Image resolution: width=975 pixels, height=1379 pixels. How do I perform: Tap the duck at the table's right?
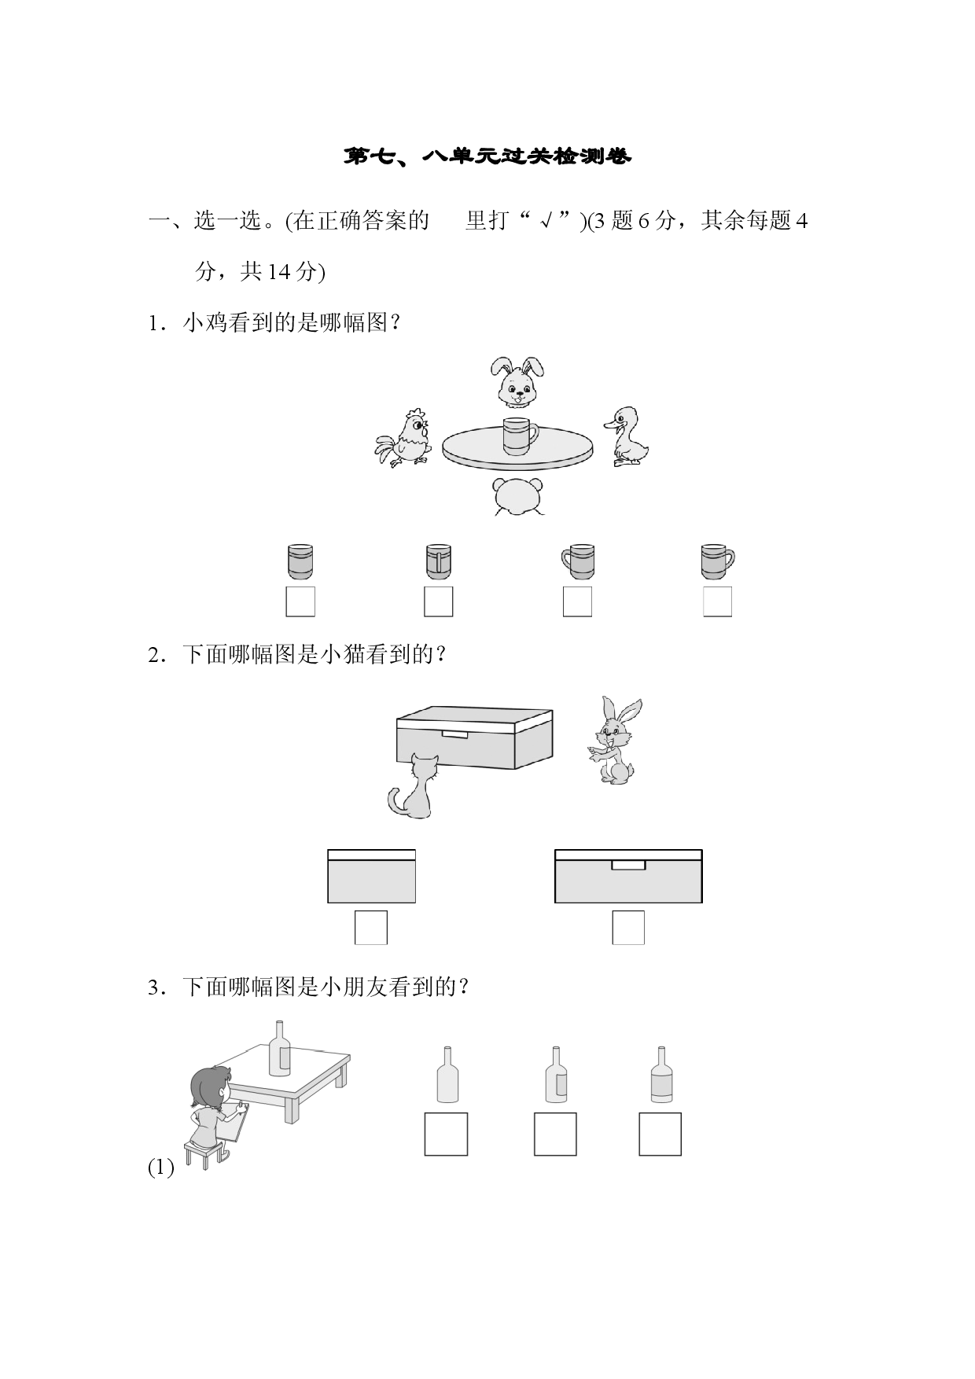click(x=627, y=436)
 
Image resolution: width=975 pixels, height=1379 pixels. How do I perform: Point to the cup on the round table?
click(x=520, y=437)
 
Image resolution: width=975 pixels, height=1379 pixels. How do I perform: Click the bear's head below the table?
click(x=517, y=496)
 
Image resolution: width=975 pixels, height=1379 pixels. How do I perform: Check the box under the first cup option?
click(x=300, y=601)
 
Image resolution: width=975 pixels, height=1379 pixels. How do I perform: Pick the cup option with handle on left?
click(x=578, y=561)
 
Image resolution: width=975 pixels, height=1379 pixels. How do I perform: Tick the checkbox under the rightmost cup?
click(x=717, y=601)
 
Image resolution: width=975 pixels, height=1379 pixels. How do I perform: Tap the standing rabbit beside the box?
click(x=616, y=740)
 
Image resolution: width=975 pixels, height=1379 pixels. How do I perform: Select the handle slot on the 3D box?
click(x=454, y=734)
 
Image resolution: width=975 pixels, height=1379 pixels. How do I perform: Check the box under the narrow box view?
click(x=370, y=928)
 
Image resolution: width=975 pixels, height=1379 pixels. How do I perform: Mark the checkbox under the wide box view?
click(x=628, y=928)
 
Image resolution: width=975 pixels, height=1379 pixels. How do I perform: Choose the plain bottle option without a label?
click(x=447, y=1075)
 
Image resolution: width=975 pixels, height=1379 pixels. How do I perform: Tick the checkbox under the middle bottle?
click(x=555, y=1134)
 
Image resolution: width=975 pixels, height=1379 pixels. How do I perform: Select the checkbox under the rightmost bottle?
click(x=660, y=1134)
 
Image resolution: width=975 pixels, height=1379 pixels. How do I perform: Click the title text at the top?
click(x=487, y=156)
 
